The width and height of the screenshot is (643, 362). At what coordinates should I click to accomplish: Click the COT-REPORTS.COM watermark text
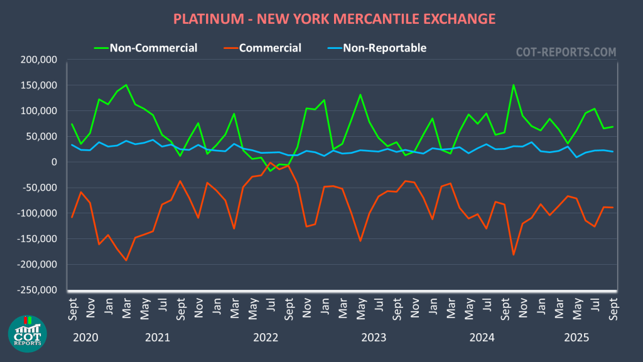point(566,52)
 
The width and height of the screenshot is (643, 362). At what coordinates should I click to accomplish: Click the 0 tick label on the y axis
point(55,162)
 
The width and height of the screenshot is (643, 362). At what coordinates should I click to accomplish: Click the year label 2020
point(85,338)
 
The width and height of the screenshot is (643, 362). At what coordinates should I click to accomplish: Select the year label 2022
point(266,338)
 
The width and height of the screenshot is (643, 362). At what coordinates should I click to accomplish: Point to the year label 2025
point(576,338)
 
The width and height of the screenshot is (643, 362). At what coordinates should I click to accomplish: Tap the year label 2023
point(374,338)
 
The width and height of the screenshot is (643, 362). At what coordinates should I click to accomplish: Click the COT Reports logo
point(27,333)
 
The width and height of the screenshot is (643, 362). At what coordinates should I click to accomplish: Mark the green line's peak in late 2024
point(514,85)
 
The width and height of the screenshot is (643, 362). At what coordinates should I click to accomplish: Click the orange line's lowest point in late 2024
point(513,254)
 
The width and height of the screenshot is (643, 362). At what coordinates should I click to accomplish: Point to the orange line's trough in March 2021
point(126,260)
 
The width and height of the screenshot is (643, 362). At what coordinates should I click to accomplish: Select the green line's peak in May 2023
point(360,95)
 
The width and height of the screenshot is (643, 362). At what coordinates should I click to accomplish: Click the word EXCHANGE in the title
point(455,19)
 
